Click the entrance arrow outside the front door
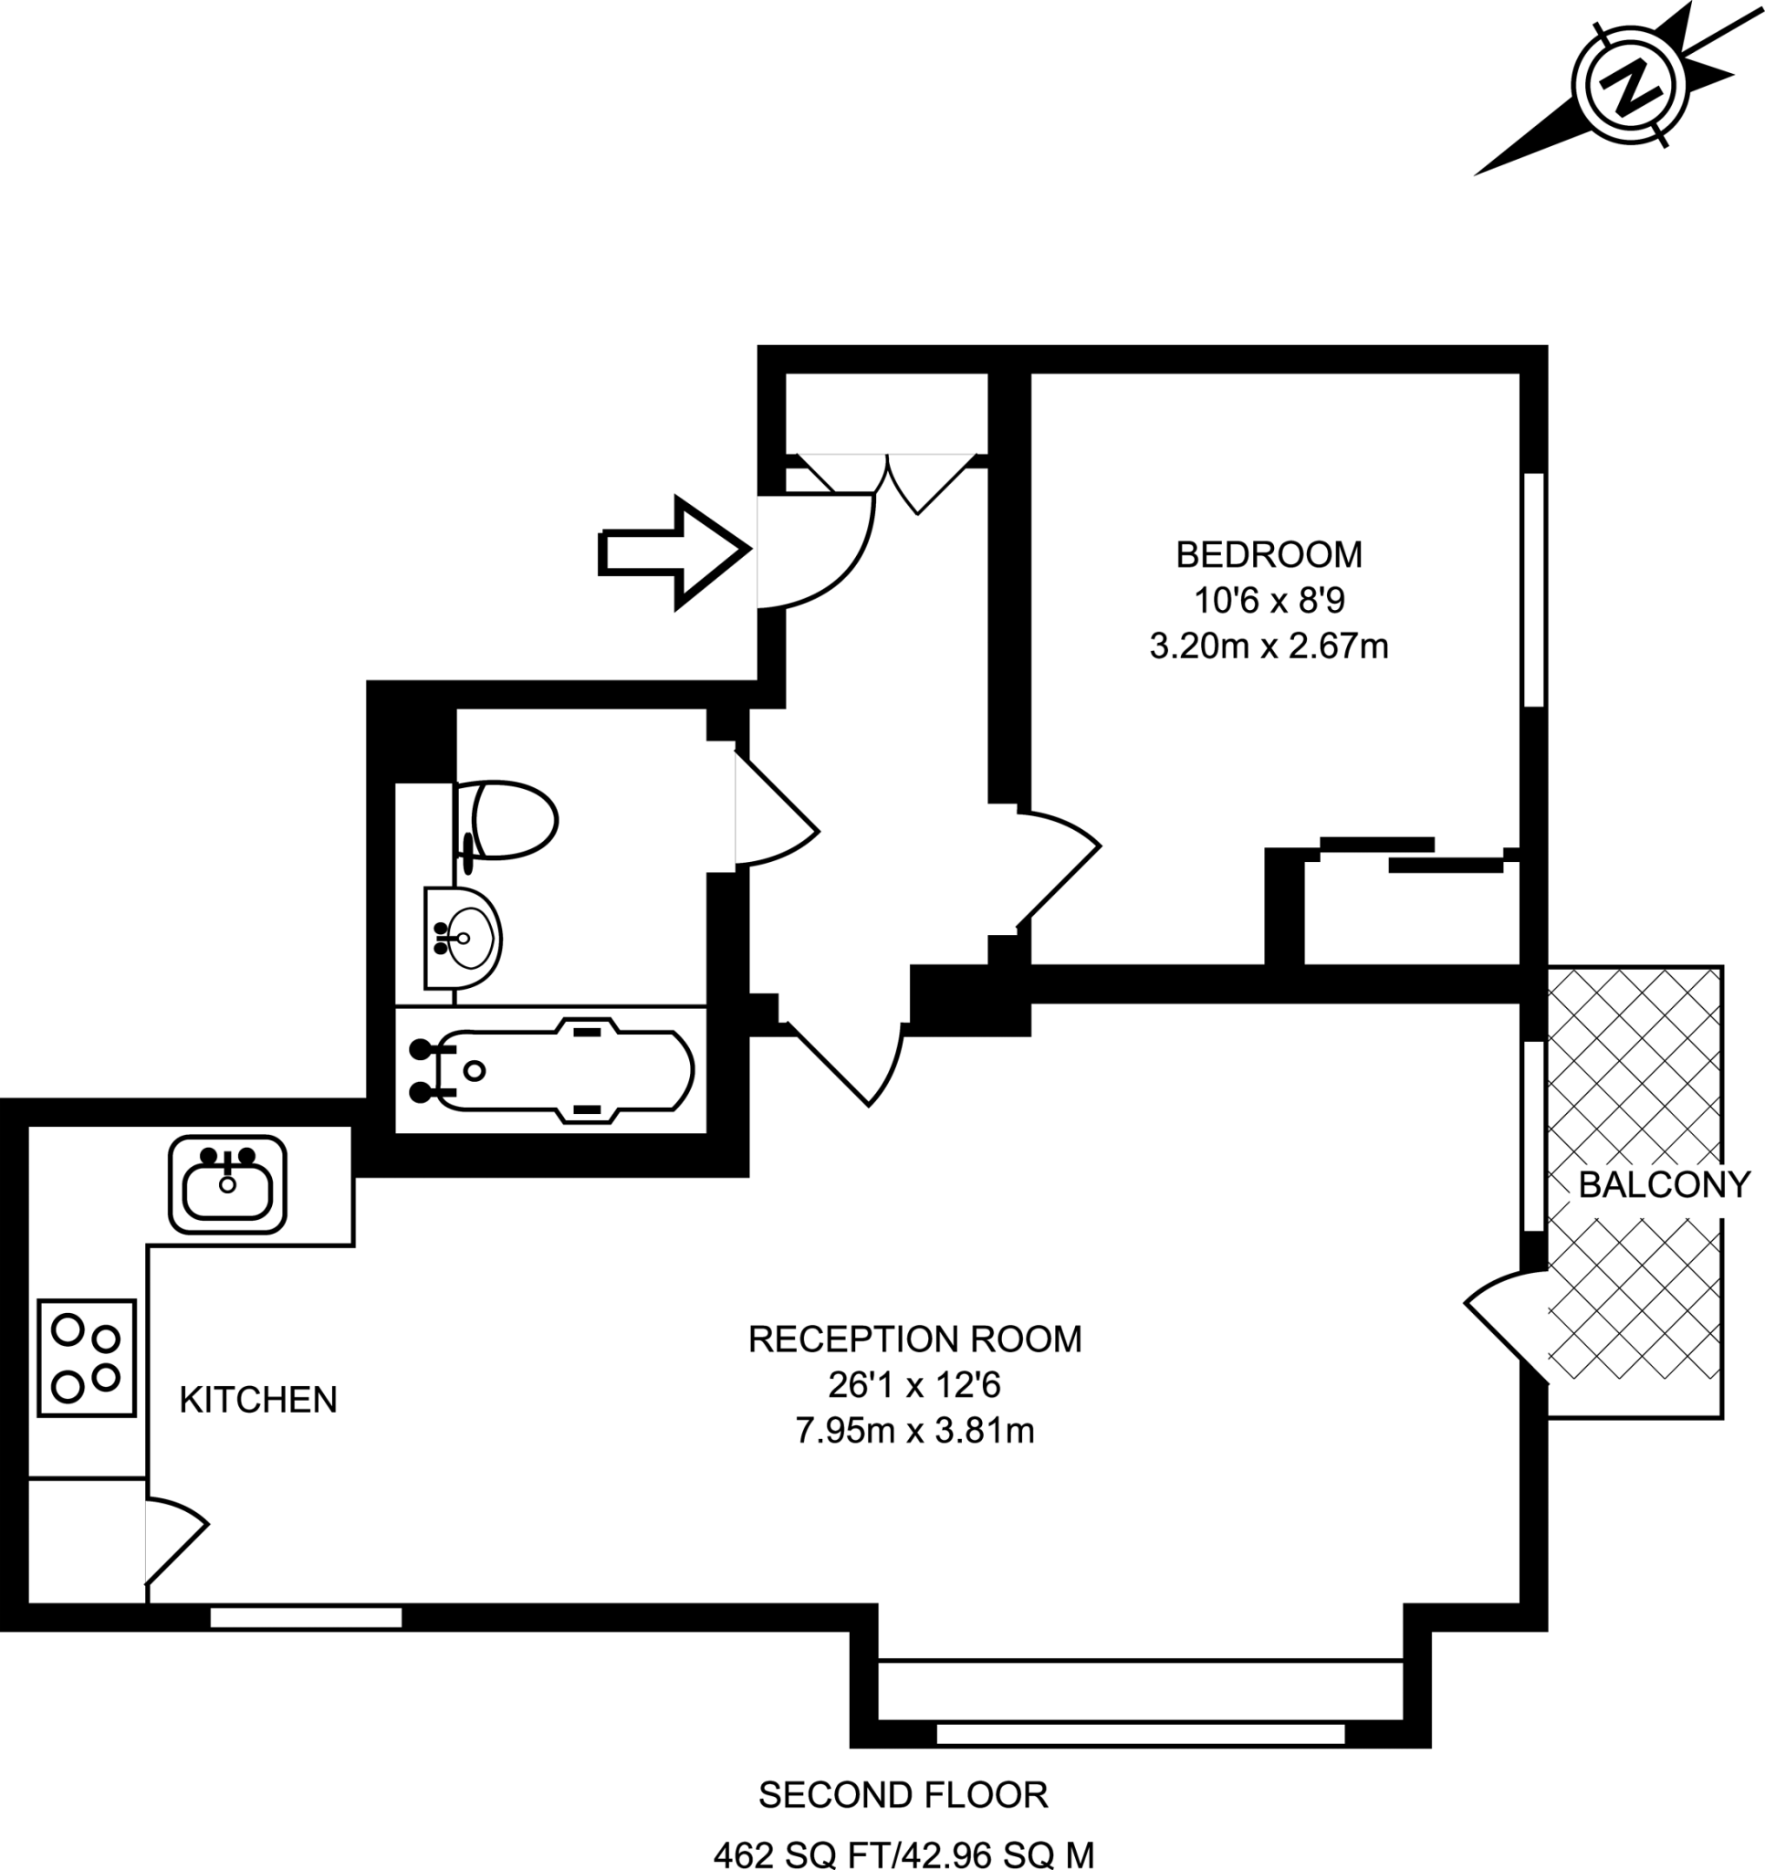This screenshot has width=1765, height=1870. pyautogui.click(x=674, y=552)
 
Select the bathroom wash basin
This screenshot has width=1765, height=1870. pyautogui.click(x=462, y=939)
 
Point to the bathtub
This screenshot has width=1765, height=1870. pyautogui.click(x=552, y=1071)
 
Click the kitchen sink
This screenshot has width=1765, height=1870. pyautogui.click(x=227, y=1185)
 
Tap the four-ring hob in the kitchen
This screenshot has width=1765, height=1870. pyautogui.click(x=87, y=1358)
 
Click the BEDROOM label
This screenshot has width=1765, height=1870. pyautogui.click(x=1269, y=555)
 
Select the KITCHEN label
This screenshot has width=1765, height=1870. pyautogui.click(x=257, y=1401)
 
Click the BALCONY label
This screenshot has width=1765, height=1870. pyautogui.click(x=1665, y=1185)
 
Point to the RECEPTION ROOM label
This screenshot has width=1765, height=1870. pyautogui.click(x=914, y=1339)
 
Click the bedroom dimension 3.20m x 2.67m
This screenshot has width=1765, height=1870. pyautogui.click(x=1269, y=646)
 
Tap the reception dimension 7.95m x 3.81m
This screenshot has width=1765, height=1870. pyautogui.click(x=914, y=1432)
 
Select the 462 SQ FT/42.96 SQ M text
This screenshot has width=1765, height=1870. pyautogui.click(x=903, y=1854)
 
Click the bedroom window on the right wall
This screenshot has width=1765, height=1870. pyautogui.click(x=1533, y=590)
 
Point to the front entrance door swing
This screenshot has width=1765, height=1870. pyautogui.click(x=816, y=552)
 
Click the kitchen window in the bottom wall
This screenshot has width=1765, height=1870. pyautogui.click(x=306, y=1618)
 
